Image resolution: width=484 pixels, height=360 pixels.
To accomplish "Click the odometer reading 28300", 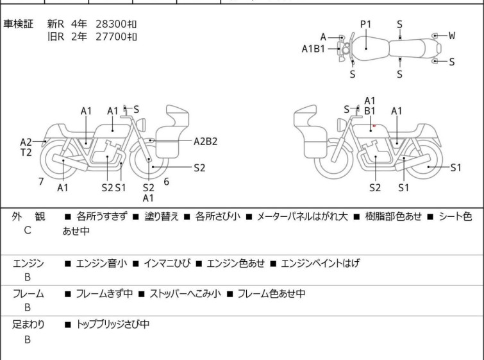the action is pyautogui.click(x=111, y=24).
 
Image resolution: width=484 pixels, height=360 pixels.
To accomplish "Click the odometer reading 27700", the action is pyautogui.click(x=111, y=37).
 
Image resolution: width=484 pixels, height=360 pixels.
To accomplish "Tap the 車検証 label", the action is pyautogui.click(x=18, y=24).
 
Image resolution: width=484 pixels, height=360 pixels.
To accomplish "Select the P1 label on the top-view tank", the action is pyautogui.click(x=366, y=24).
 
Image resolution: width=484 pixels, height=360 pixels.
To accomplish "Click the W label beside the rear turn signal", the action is pyautogui.click(x=452, y=35).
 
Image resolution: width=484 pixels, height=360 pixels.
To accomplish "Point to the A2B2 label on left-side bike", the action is pyautogui.click(x=206, y=141).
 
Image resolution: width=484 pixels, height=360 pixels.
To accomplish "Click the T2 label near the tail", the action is pyautogui.click(x=26, y=152).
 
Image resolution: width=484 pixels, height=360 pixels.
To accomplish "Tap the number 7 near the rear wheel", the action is pyautogui.click(x=41, y=182).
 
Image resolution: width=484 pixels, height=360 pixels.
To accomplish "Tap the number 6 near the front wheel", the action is pyautogui.click(x=167, y=182).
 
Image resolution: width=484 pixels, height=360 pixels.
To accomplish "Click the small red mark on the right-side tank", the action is pyautogui.click(x=374, y=126).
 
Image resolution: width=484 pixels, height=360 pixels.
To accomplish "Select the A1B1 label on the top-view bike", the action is pyautogui.click(x=313, y=49).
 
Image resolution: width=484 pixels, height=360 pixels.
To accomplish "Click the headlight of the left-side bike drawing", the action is pyautogui.click(x=141, y=124).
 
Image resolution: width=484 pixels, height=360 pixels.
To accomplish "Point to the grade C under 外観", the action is pyautogui.click(x=28, y=230).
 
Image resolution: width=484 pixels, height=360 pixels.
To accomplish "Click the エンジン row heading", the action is pyautogui.click(x=28, y=264).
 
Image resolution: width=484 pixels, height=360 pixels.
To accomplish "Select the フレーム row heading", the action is pyautogui.click(x=28, y=293).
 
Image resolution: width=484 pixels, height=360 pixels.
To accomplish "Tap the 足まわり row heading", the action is pyautogui.click(x=28, y=324).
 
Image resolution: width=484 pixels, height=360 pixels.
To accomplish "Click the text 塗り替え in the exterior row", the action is pyautogui.click(x=162, y=216).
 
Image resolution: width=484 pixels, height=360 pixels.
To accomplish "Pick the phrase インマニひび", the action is pyautogui.click(x=167, y=263).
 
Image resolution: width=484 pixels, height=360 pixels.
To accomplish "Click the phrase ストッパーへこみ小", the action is pyautogui.click(x=185, y=293).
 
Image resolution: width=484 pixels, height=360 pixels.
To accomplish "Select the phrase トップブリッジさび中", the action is pyautogui.click(x=113, y=324).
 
